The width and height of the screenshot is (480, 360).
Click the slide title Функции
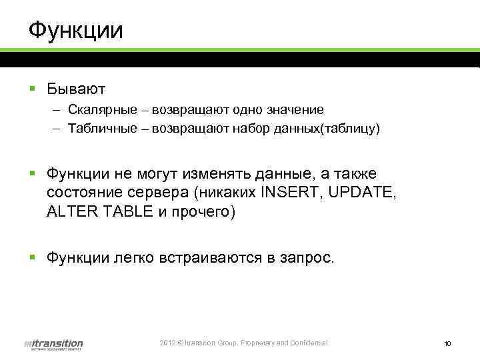coord(75,30)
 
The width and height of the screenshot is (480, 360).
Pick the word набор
coord(251,128)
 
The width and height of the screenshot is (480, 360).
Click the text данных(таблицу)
coord(327,128)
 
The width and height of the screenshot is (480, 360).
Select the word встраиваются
coord(215,259)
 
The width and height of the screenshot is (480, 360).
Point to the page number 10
coord(447,344)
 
